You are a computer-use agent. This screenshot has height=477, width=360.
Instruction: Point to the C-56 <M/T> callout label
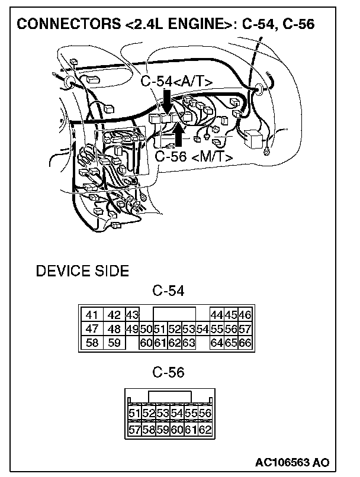pyautogui.click(x=193, y=156)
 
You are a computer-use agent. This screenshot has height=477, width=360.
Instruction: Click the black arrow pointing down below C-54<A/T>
pyautogui.click(x=168, y=101)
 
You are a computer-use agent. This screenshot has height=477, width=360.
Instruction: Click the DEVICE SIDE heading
pyautogui.click(x=82, y=272)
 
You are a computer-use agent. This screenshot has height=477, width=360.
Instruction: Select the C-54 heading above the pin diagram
pyautogui.click(x=168, y=291)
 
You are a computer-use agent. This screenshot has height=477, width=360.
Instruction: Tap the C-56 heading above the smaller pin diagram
pyautogui.click(x=168, y=372)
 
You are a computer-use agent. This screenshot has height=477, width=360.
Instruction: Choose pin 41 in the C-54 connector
pyautogui.click(x=91, y=315)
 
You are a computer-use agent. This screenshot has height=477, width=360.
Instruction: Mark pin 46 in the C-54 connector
pyautogui.click(x=245, y=315)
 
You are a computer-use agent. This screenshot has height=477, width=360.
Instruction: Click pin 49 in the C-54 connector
pyautogui.click(x=131, y=328)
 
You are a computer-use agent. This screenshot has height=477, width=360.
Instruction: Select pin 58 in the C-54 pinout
pyautogui.click(x=91, y=342)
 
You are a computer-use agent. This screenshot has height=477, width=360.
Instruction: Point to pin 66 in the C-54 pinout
pyautogui.click(x=245, y=342)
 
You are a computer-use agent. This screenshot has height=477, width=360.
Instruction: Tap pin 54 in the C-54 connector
pyautogui.click(x=202, y=328)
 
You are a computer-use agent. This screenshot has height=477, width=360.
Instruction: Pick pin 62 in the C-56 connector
pyautogui.click(x=205, y=429)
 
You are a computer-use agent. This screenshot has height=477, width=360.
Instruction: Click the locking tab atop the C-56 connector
pyautogui.click(x=169, y=396)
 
